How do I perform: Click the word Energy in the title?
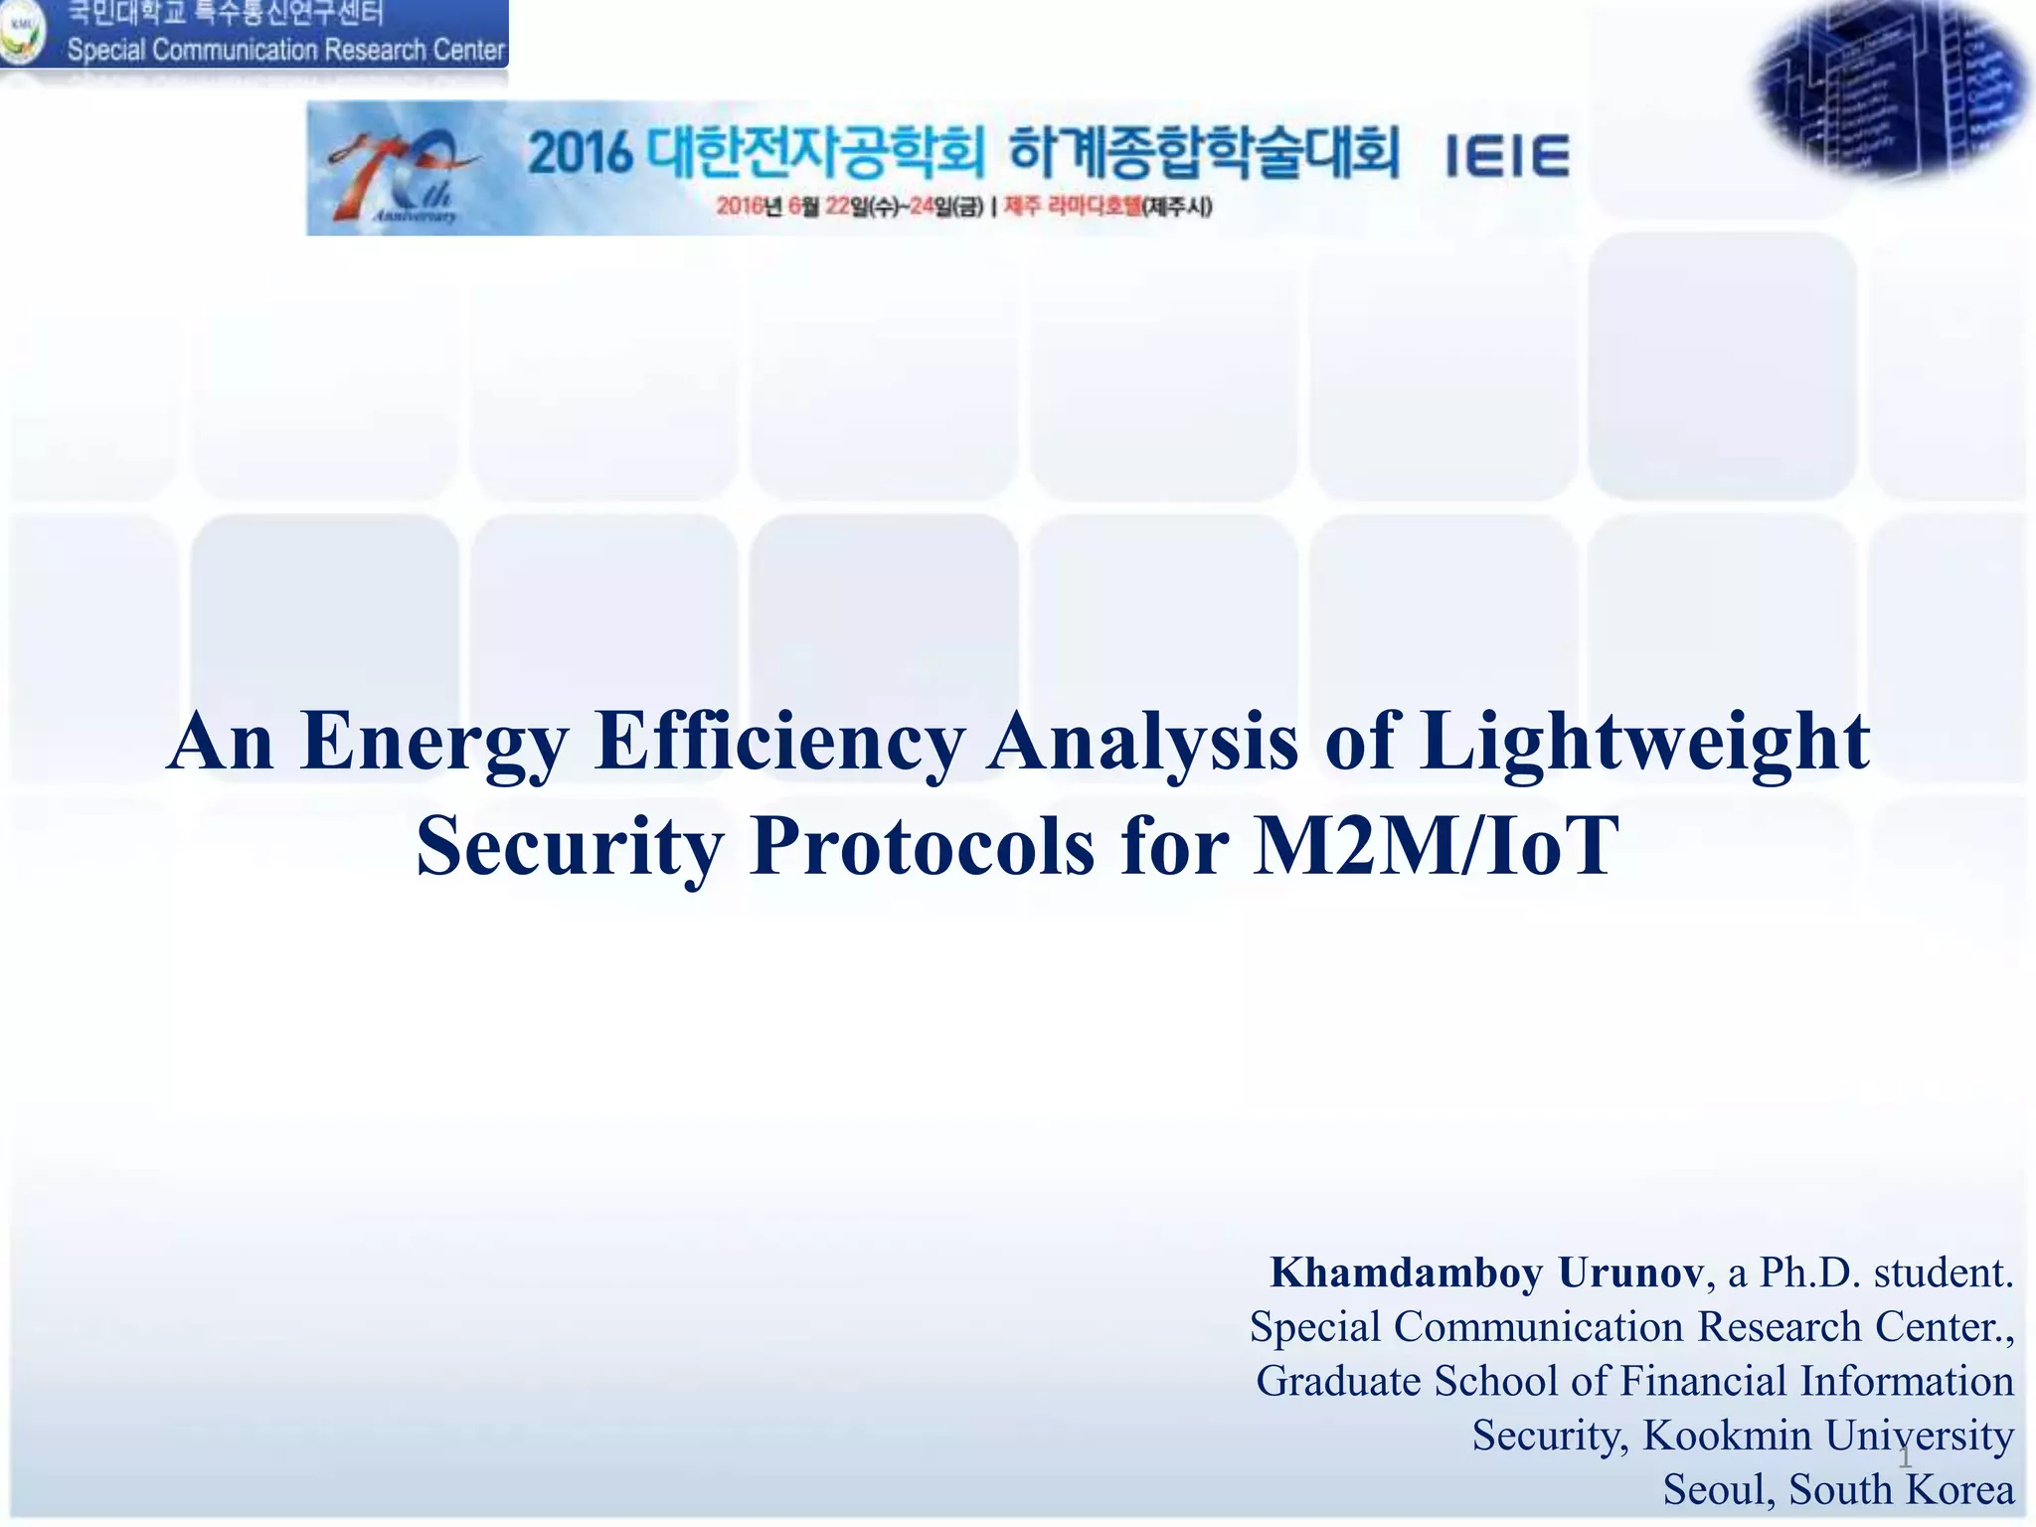point(434,743)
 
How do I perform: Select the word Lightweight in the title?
point(1645,743)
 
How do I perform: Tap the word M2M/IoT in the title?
point(1436,847)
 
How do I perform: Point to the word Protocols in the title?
point(922,847)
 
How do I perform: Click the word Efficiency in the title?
point(778,743)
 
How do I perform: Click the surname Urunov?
point(1631,1273)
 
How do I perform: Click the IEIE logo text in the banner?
point(1506,157)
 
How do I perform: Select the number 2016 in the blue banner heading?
point(580,154)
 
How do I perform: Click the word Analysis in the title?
point(1142,743)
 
